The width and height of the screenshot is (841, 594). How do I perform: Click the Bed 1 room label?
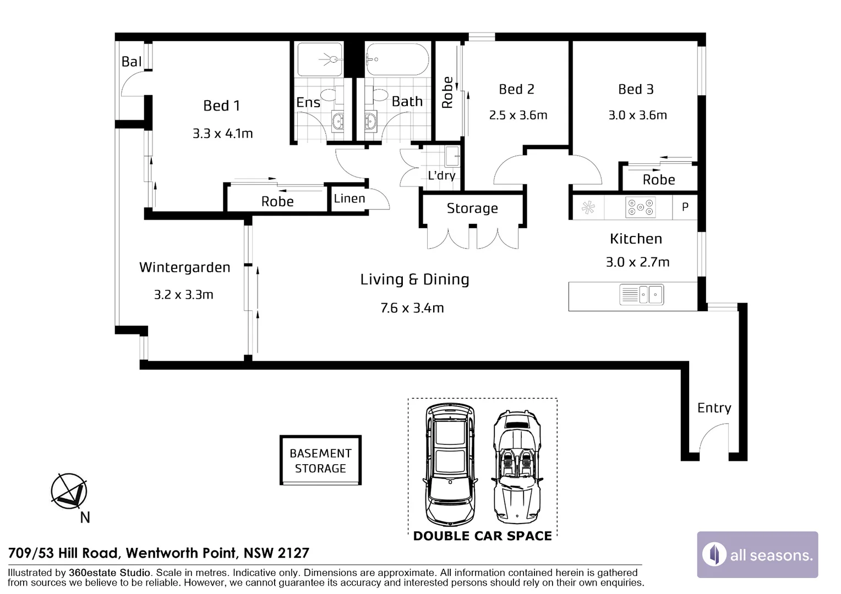click(221, 106)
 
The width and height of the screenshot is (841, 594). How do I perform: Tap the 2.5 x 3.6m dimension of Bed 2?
click(518, 116)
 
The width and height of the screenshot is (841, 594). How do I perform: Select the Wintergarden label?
click(184, 268)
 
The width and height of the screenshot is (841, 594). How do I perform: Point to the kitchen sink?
click(641, 294)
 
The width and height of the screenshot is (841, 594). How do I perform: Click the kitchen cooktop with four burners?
click(640, 207)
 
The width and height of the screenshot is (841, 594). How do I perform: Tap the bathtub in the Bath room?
click(397, 59)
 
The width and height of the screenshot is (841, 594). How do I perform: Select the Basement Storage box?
click(320, 460)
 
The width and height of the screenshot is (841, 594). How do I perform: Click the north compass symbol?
click(69, 491)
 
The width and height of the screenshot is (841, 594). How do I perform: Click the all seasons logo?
click(757, 554)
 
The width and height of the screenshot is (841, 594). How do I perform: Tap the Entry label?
click(714, 408)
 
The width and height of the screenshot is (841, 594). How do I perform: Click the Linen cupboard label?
click(349, 199)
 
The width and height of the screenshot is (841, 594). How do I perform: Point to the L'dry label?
click(441, 175)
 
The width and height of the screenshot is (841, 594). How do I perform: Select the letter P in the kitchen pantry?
click(685, 207)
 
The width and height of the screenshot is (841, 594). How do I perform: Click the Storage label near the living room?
click(472, 208)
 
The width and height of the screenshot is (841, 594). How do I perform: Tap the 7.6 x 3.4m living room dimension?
click(412, 308)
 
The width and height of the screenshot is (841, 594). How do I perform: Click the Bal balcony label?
click(132, 62)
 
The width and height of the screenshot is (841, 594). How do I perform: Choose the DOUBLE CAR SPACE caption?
click(482, 536)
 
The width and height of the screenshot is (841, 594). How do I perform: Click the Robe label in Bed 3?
click(658, 180)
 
